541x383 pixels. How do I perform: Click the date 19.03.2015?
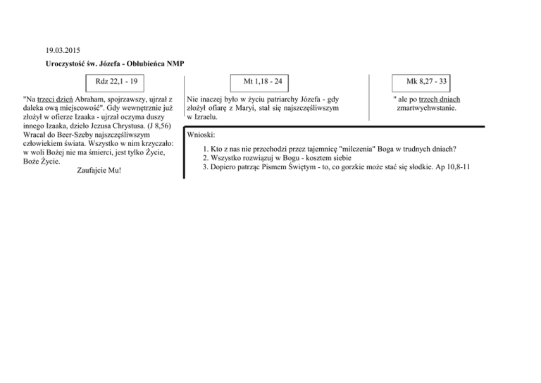point(62,51)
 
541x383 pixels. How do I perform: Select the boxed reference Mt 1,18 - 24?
point(263,83)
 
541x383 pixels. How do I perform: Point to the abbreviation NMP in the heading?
point(175,64)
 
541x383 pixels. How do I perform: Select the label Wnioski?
point(201,134)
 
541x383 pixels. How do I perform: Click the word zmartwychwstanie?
point(427,109)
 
